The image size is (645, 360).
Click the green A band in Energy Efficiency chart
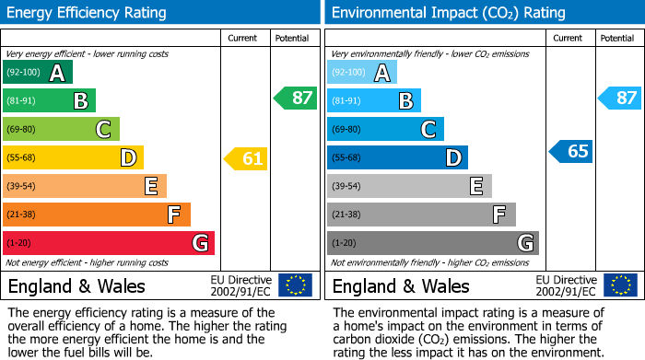tap(38, 73)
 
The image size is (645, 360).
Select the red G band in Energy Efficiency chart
tap(109, 243)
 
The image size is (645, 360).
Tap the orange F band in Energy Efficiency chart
tap(97, 215)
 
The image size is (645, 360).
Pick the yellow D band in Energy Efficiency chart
tap(74, 158)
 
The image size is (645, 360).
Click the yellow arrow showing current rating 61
tap(247, 158)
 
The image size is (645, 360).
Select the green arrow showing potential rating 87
tap(296, 99)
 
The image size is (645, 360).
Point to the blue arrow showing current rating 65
tap(571, 151)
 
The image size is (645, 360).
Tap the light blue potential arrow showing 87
tap(620, 99)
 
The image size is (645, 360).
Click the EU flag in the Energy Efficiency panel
tap(295, 285)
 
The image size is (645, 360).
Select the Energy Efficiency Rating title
tap(88, 13)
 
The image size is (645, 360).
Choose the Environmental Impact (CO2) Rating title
tap(448, 13)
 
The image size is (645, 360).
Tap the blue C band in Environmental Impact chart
tap(385, 129)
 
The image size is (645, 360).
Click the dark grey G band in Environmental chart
tap(432, 243)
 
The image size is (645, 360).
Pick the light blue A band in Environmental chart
tap(362, 73)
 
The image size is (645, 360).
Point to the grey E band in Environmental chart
tap(409, 186)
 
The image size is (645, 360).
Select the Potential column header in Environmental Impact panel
tap(617, 38)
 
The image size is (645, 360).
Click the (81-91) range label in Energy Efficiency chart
tap(22, 101)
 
